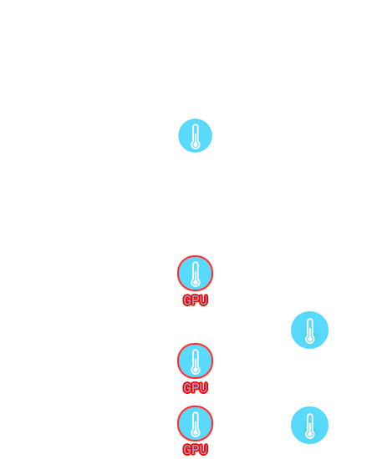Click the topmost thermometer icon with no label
coord(196,135)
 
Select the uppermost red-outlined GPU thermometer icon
coord(196,273)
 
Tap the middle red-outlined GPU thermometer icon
coord(196,361)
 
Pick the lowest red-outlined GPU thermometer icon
coord(196,423)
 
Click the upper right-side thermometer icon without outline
coord(309,330)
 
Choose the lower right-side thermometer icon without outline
coord(309,425)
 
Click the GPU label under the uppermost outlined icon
coord(196,300)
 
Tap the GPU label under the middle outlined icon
coord(196,387)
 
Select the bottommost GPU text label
coord(196,449)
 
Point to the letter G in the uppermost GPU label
coord(187,300)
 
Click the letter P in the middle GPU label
coord(196,387)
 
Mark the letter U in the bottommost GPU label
coord(204,449)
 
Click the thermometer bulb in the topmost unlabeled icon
coord(196,145)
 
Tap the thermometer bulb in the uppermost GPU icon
coord(196,282)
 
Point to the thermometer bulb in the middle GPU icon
coord(196,370)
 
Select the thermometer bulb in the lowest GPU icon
coord(196,432)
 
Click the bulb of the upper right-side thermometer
coord(310,340)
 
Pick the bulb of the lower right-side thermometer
coord(310,435)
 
